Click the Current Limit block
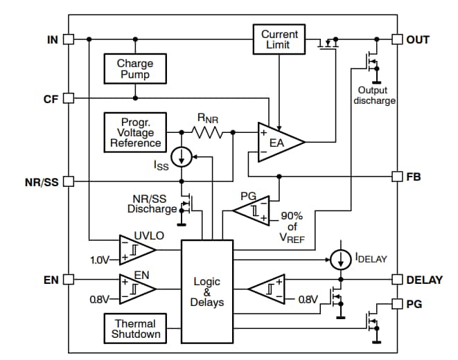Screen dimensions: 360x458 tap(279, 39)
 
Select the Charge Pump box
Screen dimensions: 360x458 tap(135, 69)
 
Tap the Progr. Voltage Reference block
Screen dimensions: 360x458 tap(135, 132)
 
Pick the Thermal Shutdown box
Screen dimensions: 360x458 tap(136, 328)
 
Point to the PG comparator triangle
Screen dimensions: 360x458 tap(249, 208)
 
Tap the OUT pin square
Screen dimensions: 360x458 tap(397, 39)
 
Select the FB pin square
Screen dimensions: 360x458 tap(397, 176)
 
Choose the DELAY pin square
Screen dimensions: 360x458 tap(397, 280)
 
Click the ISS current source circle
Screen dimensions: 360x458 tap(182, 157)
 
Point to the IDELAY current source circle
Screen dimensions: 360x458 tap(340, 260)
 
